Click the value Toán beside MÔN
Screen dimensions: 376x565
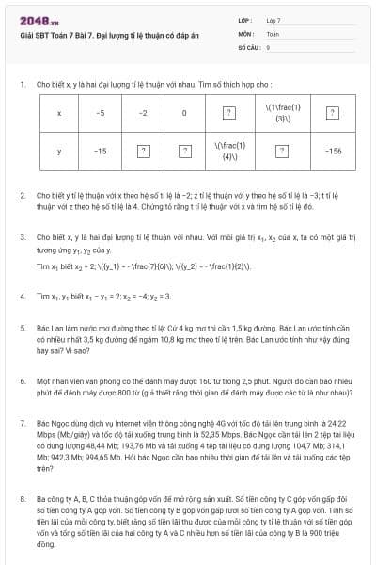[x=273, y=32]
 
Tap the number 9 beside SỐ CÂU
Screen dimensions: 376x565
[x=268, y=45]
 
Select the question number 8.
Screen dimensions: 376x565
[x=23, y=498]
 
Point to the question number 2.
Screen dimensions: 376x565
[x=23, y=195]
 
